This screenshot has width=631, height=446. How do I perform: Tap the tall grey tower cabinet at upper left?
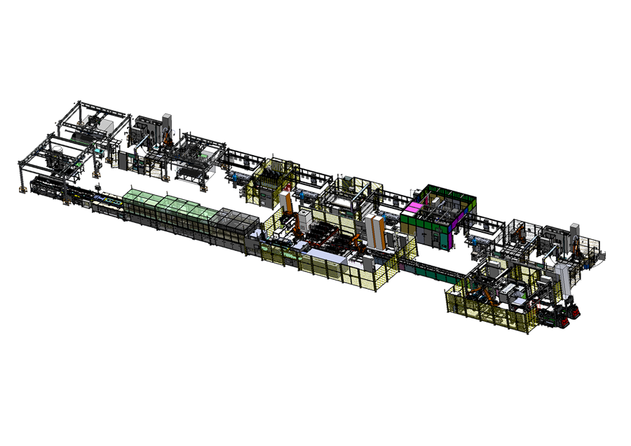(x=167, y=123)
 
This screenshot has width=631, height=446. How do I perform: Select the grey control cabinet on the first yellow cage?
(x=273, y=175)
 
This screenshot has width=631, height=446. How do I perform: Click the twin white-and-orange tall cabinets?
(x=376, y=231)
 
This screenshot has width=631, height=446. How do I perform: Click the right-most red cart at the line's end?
(x=574, y=311)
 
